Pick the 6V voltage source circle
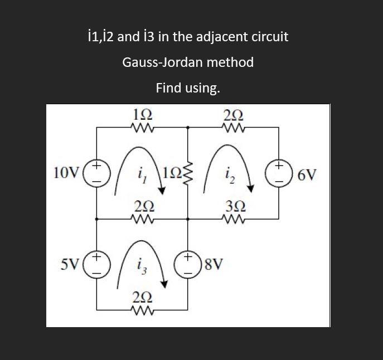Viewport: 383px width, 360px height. point(279,172)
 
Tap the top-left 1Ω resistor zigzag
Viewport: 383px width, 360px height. point(143,127)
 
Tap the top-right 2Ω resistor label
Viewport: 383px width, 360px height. point(233,116)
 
